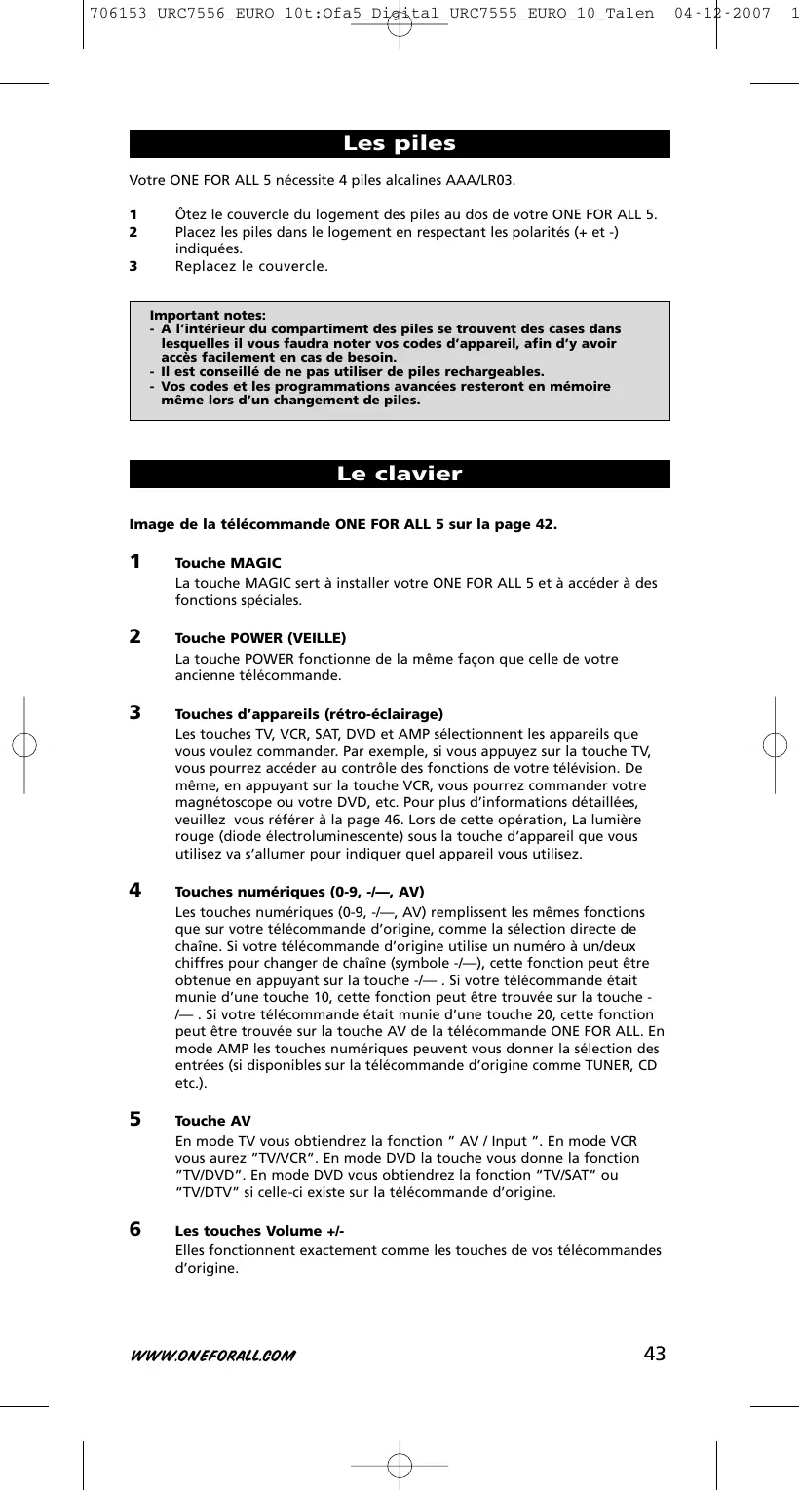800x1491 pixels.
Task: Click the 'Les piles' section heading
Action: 400,144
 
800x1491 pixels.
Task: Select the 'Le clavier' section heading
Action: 400,475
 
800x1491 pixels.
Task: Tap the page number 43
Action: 655,1353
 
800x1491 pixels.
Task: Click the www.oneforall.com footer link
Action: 212,1356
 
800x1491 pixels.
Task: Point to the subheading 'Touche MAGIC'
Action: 228,563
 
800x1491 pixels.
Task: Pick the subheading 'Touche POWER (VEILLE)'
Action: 260,638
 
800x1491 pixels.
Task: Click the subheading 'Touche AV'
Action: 212,1121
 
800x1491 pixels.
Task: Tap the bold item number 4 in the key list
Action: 135,890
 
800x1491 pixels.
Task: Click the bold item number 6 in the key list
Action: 135,1229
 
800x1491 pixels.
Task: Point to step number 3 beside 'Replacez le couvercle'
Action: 133,266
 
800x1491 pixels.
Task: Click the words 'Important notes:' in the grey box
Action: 208,315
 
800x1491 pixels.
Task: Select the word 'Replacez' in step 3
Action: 205,266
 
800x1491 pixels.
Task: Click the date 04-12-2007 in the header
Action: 722,14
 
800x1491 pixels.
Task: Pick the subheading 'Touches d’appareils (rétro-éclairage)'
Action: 309,714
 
